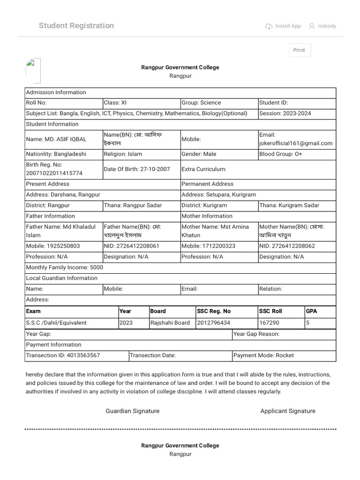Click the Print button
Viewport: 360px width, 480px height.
[299, 50]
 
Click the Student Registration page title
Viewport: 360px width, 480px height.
[76, 26]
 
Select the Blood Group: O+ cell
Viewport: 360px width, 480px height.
[280, 154]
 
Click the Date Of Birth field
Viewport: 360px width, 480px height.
[137, 169]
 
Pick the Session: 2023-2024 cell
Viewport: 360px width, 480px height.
[285, 113]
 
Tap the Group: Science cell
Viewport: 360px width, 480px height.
[201, 103]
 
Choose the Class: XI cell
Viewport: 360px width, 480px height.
[115, 103]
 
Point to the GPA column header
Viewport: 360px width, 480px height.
[312, 311]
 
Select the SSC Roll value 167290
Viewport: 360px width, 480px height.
[269, 323]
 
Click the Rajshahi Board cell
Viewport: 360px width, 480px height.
[170, 323]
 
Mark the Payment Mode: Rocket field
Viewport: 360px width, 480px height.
[263, 355]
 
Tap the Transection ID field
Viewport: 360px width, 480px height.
[63, 355]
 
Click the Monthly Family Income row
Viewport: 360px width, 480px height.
[65, 268]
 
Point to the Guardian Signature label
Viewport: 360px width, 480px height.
[133, 411]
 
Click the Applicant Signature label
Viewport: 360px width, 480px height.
[288, 411]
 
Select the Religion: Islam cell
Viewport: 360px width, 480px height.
[123, 154]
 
